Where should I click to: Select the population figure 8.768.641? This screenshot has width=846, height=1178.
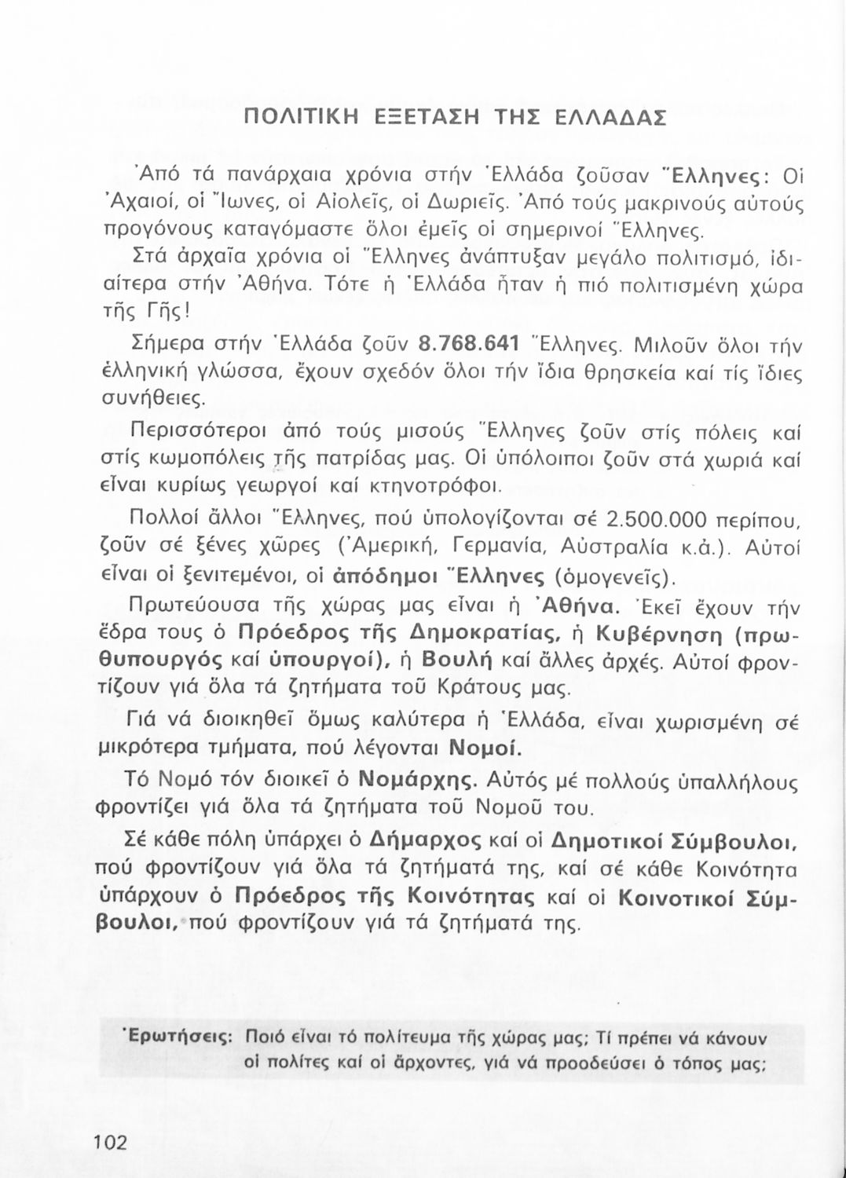point(471,346)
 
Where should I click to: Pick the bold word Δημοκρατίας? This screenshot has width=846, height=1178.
point(477,633)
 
